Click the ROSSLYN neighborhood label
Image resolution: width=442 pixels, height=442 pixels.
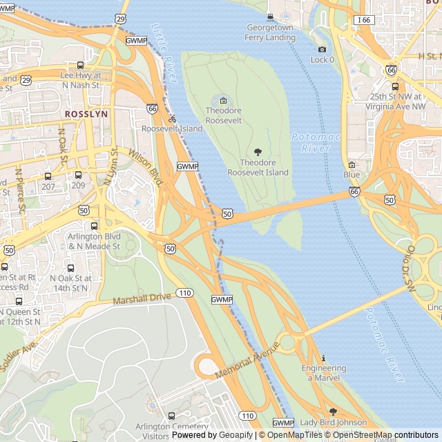[86, 114]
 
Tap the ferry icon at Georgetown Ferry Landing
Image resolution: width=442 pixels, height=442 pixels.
[270, 17]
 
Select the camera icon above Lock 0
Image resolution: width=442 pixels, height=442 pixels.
[322, 49]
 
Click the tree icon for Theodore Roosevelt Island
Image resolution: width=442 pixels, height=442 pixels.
[258, 152]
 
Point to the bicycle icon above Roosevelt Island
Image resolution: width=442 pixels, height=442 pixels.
[172, 118]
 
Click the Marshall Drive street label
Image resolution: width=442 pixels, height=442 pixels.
[142, 298]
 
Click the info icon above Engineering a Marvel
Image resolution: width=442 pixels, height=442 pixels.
[324, 358]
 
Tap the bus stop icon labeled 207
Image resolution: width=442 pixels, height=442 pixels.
[48, 176]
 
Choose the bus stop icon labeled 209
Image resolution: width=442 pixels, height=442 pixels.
[78, 175]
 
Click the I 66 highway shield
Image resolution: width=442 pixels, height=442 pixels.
[364, 20]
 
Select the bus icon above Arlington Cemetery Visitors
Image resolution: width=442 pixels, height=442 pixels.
[172, 416]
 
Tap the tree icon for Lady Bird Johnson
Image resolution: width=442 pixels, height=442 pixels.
[333, 412]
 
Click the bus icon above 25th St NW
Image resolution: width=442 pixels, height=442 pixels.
[395, 86]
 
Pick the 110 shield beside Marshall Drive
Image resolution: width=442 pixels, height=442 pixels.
[184, 293]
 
